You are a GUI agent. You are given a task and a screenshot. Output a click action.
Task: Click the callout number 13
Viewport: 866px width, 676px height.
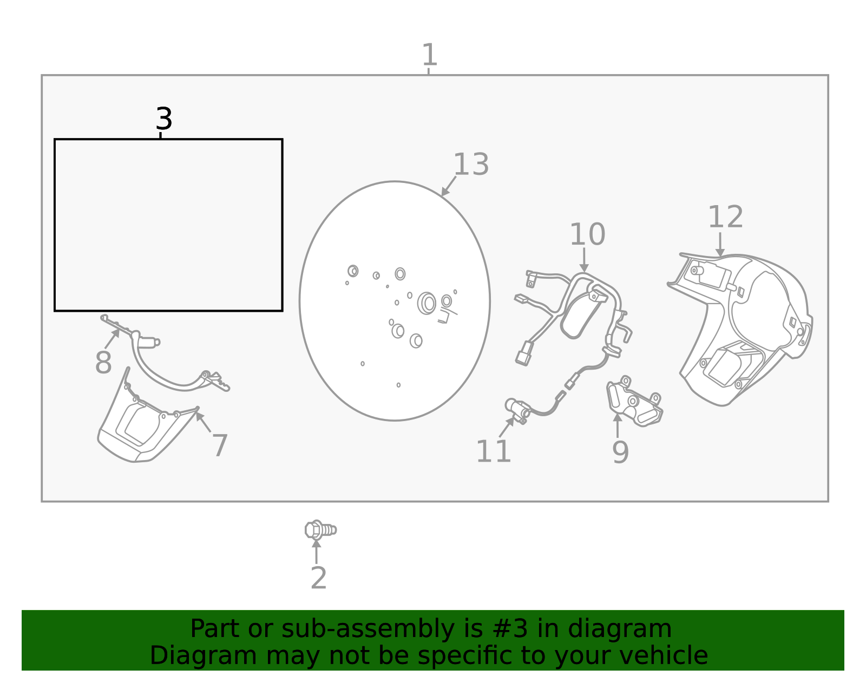470,165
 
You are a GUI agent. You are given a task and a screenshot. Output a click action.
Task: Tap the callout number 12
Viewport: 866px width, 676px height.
725,217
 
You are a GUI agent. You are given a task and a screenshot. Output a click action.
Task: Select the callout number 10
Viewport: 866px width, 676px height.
587,235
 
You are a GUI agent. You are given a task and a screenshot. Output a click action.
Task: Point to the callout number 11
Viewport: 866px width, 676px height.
493,451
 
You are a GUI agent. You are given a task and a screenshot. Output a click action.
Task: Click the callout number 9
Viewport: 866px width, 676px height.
620,452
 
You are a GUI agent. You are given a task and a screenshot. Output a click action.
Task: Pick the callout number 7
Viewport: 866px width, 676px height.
219,446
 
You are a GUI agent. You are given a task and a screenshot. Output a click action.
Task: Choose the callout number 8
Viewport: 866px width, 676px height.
103,363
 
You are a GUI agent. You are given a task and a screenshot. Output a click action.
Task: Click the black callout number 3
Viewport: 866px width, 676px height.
163,119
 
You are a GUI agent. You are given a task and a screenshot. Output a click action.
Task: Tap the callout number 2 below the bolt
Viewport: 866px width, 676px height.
318,579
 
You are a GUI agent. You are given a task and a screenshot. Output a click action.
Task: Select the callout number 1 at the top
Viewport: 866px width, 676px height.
429,55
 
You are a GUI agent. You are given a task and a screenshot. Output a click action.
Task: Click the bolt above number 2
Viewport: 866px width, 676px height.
320,529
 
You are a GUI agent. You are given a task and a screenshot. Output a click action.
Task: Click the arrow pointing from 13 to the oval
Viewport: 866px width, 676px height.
449,186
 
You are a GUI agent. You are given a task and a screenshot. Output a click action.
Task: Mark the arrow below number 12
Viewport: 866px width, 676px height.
720,245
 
